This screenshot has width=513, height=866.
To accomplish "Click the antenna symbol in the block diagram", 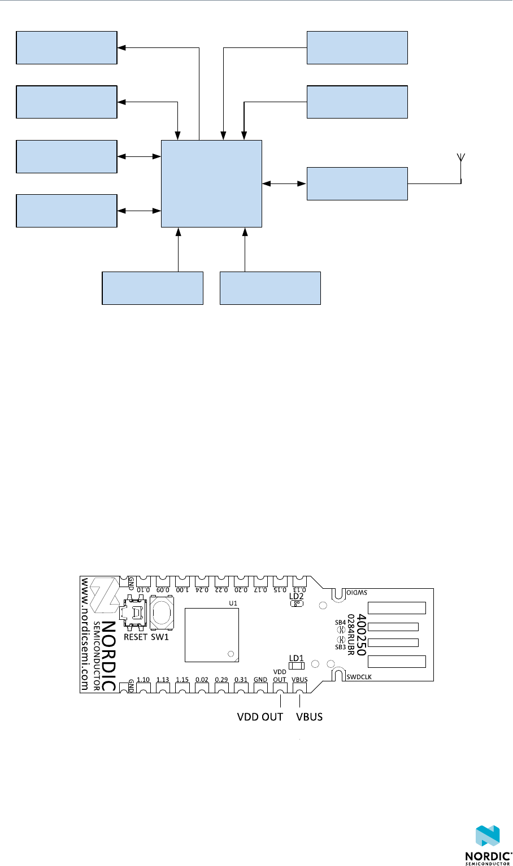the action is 461,158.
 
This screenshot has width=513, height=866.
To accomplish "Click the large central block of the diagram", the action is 211,183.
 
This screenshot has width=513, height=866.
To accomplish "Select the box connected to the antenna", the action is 357,183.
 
